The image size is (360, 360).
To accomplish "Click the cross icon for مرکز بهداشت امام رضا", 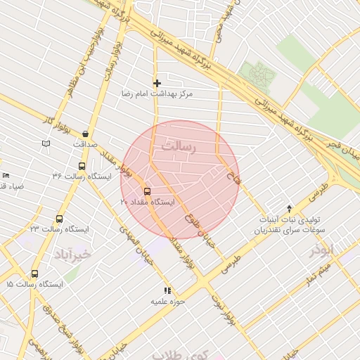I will coord(157,84).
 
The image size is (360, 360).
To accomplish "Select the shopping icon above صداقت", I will coord(85,134).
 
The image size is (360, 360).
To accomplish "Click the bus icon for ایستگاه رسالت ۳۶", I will coord(82,167).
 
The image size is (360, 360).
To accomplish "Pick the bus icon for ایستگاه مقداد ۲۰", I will coord(147,191).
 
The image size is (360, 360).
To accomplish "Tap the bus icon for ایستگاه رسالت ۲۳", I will coord(59,219).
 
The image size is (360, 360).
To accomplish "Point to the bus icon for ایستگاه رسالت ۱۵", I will coord(34,274).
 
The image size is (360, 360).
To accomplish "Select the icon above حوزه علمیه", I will coord(167,290).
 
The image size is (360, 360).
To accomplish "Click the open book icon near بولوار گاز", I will coord(46,143).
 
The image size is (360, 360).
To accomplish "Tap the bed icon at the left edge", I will coord(6,175).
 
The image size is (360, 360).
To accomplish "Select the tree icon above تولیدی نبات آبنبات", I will coord(289,208).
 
